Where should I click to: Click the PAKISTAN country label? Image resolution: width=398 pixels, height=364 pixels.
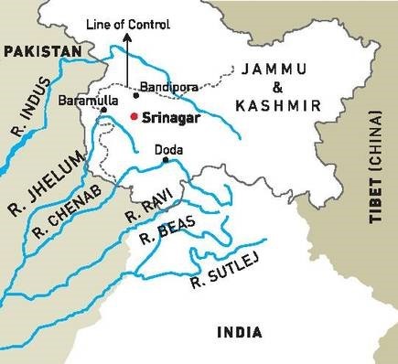pyautogui.click(x=41, y=54)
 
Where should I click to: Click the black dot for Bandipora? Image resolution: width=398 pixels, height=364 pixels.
pyautogui.click(x=135, y=95)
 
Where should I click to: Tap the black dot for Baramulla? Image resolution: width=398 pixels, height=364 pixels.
pyautogui.click(x=104, y=110)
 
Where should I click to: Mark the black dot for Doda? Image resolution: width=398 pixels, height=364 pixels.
pyautogui.click(x=165, y=160)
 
